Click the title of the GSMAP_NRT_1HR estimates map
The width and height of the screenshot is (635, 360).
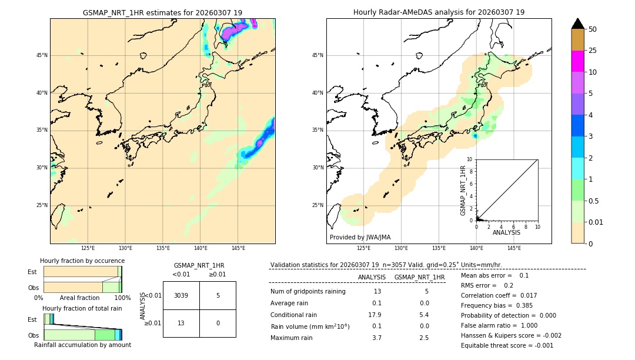point(162,12)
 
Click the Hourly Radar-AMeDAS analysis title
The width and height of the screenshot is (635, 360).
point(439,12)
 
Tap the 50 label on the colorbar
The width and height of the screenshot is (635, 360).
point(593,29)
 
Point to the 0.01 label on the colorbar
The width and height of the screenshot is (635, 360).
point(596,222)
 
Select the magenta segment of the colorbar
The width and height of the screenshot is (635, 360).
point(577,61)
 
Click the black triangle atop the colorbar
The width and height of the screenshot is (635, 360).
point(577,24)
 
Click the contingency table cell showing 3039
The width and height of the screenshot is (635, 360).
point(181,295)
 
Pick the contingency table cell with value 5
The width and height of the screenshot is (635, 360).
point(218,295)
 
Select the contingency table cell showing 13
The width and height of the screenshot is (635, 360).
point(181,323)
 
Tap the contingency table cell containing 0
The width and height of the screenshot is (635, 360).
point(218,323)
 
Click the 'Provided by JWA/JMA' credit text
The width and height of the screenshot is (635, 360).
point(360,238)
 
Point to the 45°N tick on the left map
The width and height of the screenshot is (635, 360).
point(42,55)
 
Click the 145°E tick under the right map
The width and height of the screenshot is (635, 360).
point(514,248)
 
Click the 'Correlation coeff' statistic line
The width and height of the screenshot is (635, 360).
point(499,295)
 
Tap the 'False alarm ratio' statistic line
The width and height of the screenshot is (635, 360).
point(499,325)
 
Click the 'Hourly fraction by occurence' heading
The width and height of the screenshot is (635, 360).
point(82,261)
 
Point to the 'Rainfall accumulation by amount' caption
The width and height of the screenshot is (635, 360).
point(82,345)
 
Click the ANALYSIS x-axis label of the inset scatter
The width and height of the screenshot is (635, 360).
point(506,232)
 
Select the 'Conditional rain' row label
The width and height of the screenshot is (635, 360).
point(294,315)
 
